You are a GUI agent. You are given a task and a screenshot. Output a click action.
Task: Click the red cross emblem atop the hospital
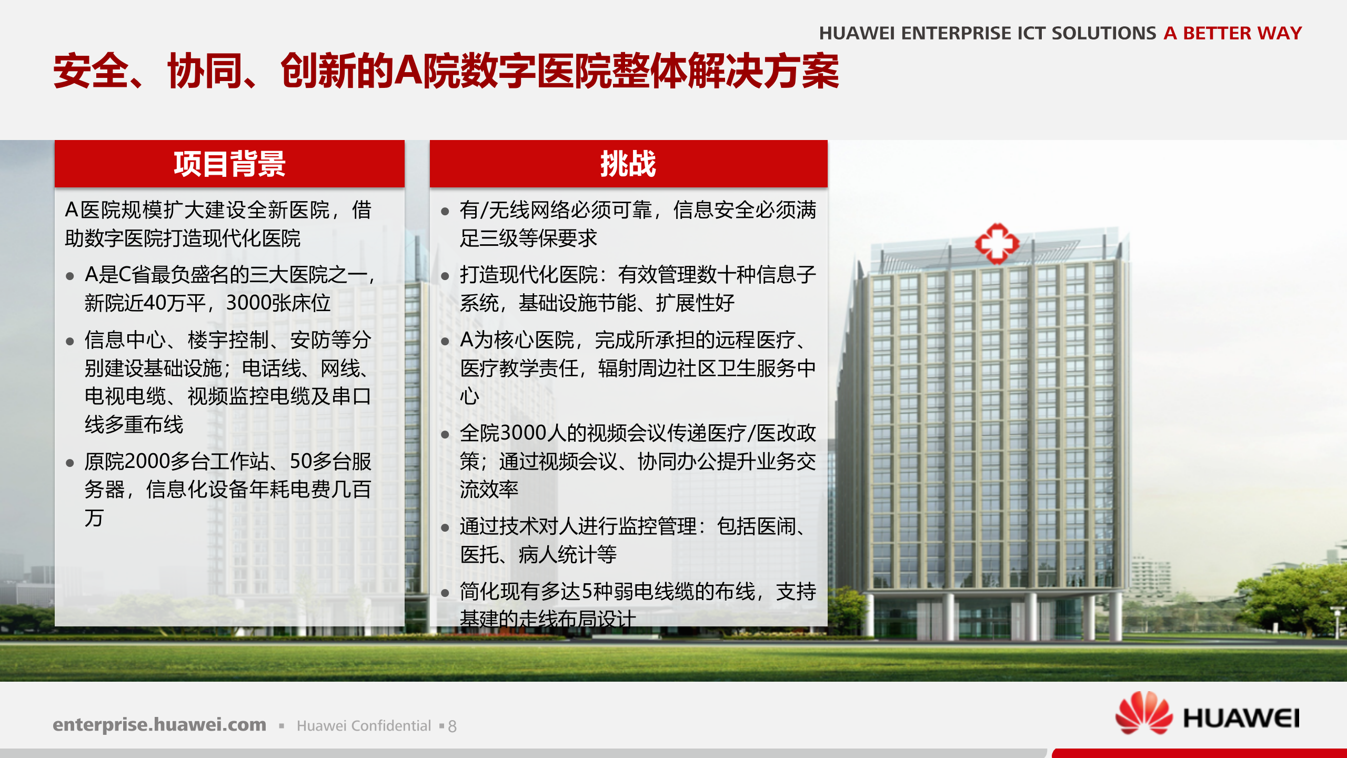997,244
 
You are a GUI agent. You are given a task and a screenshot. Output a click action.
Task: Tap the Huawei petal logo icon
1144,713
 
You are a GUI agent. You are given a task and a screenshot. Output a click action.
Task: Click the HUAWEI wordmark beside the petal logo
1241,719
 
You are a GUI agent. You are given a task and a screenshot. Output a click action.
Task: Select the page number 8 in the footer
452,726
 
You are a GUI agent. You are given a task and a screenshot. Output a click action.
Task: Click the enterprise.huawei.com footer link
159,724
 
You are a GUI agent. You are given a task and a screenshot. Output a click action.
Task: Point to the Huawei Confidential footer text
364,726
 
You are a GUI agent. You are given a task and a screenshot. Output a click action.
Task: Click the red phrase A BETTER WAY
1232,33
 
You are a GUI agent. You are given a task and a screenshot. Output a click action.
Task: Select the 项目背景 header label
229,164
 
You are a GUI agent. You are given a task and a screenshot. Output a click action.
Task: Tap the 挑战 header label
628,164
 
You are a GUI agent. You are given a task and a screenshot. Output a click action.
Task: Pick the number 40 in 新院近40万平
155,303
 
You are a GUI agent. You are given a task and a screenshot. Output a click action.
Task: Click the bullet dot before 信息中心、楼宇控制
70,341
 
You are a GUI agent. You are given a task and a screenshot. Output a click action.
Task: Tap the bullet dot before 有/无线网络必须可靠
445,212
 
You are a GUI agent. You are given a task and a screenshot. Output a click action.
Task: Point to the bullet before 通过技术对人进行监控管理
445,527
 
